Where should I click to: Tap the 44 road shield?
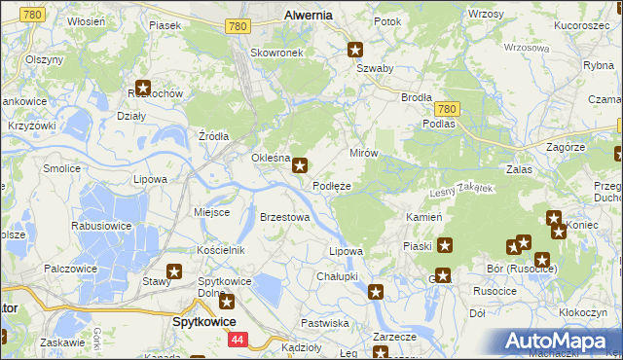238,340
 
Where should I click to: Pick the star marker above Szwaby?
356,50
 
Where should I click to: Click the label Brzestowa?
285,217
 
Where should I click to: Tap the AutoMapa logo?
561,342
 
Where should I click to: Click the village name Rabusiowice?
101,225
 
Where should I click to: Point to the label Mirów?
363,154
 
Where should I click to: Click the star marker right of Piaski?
445,245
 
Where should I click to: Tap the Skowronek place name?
276,52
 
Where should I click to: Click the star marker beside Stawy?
175,272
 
